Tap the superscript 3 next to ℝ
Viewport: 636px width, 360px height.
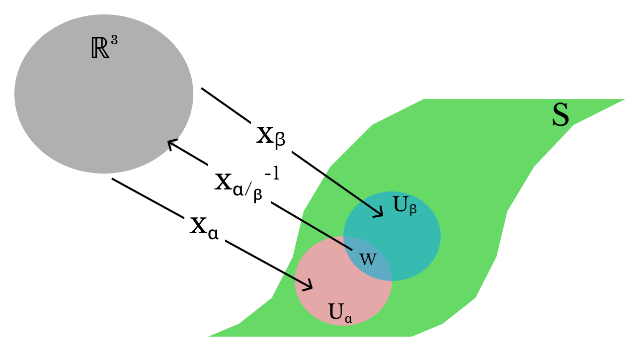(114, 41)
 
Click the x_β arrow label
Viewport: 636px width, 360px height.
(270, 136)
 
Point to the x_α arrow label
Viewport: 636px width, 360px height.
(204, 227)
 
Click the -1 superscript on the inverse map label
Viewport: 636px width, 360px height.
(272, 175)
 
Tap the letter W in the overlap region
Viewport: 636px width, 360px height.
(368, 259)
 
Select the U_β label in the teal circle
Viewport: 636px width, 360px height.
(404, 205)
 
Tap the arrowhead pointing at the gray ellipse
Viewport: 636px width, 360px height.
(170, 143)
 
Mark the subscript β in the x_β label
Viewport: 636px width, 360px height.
(280, 140)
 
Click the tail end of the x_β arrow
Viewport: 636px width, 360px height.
(202, 89)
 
